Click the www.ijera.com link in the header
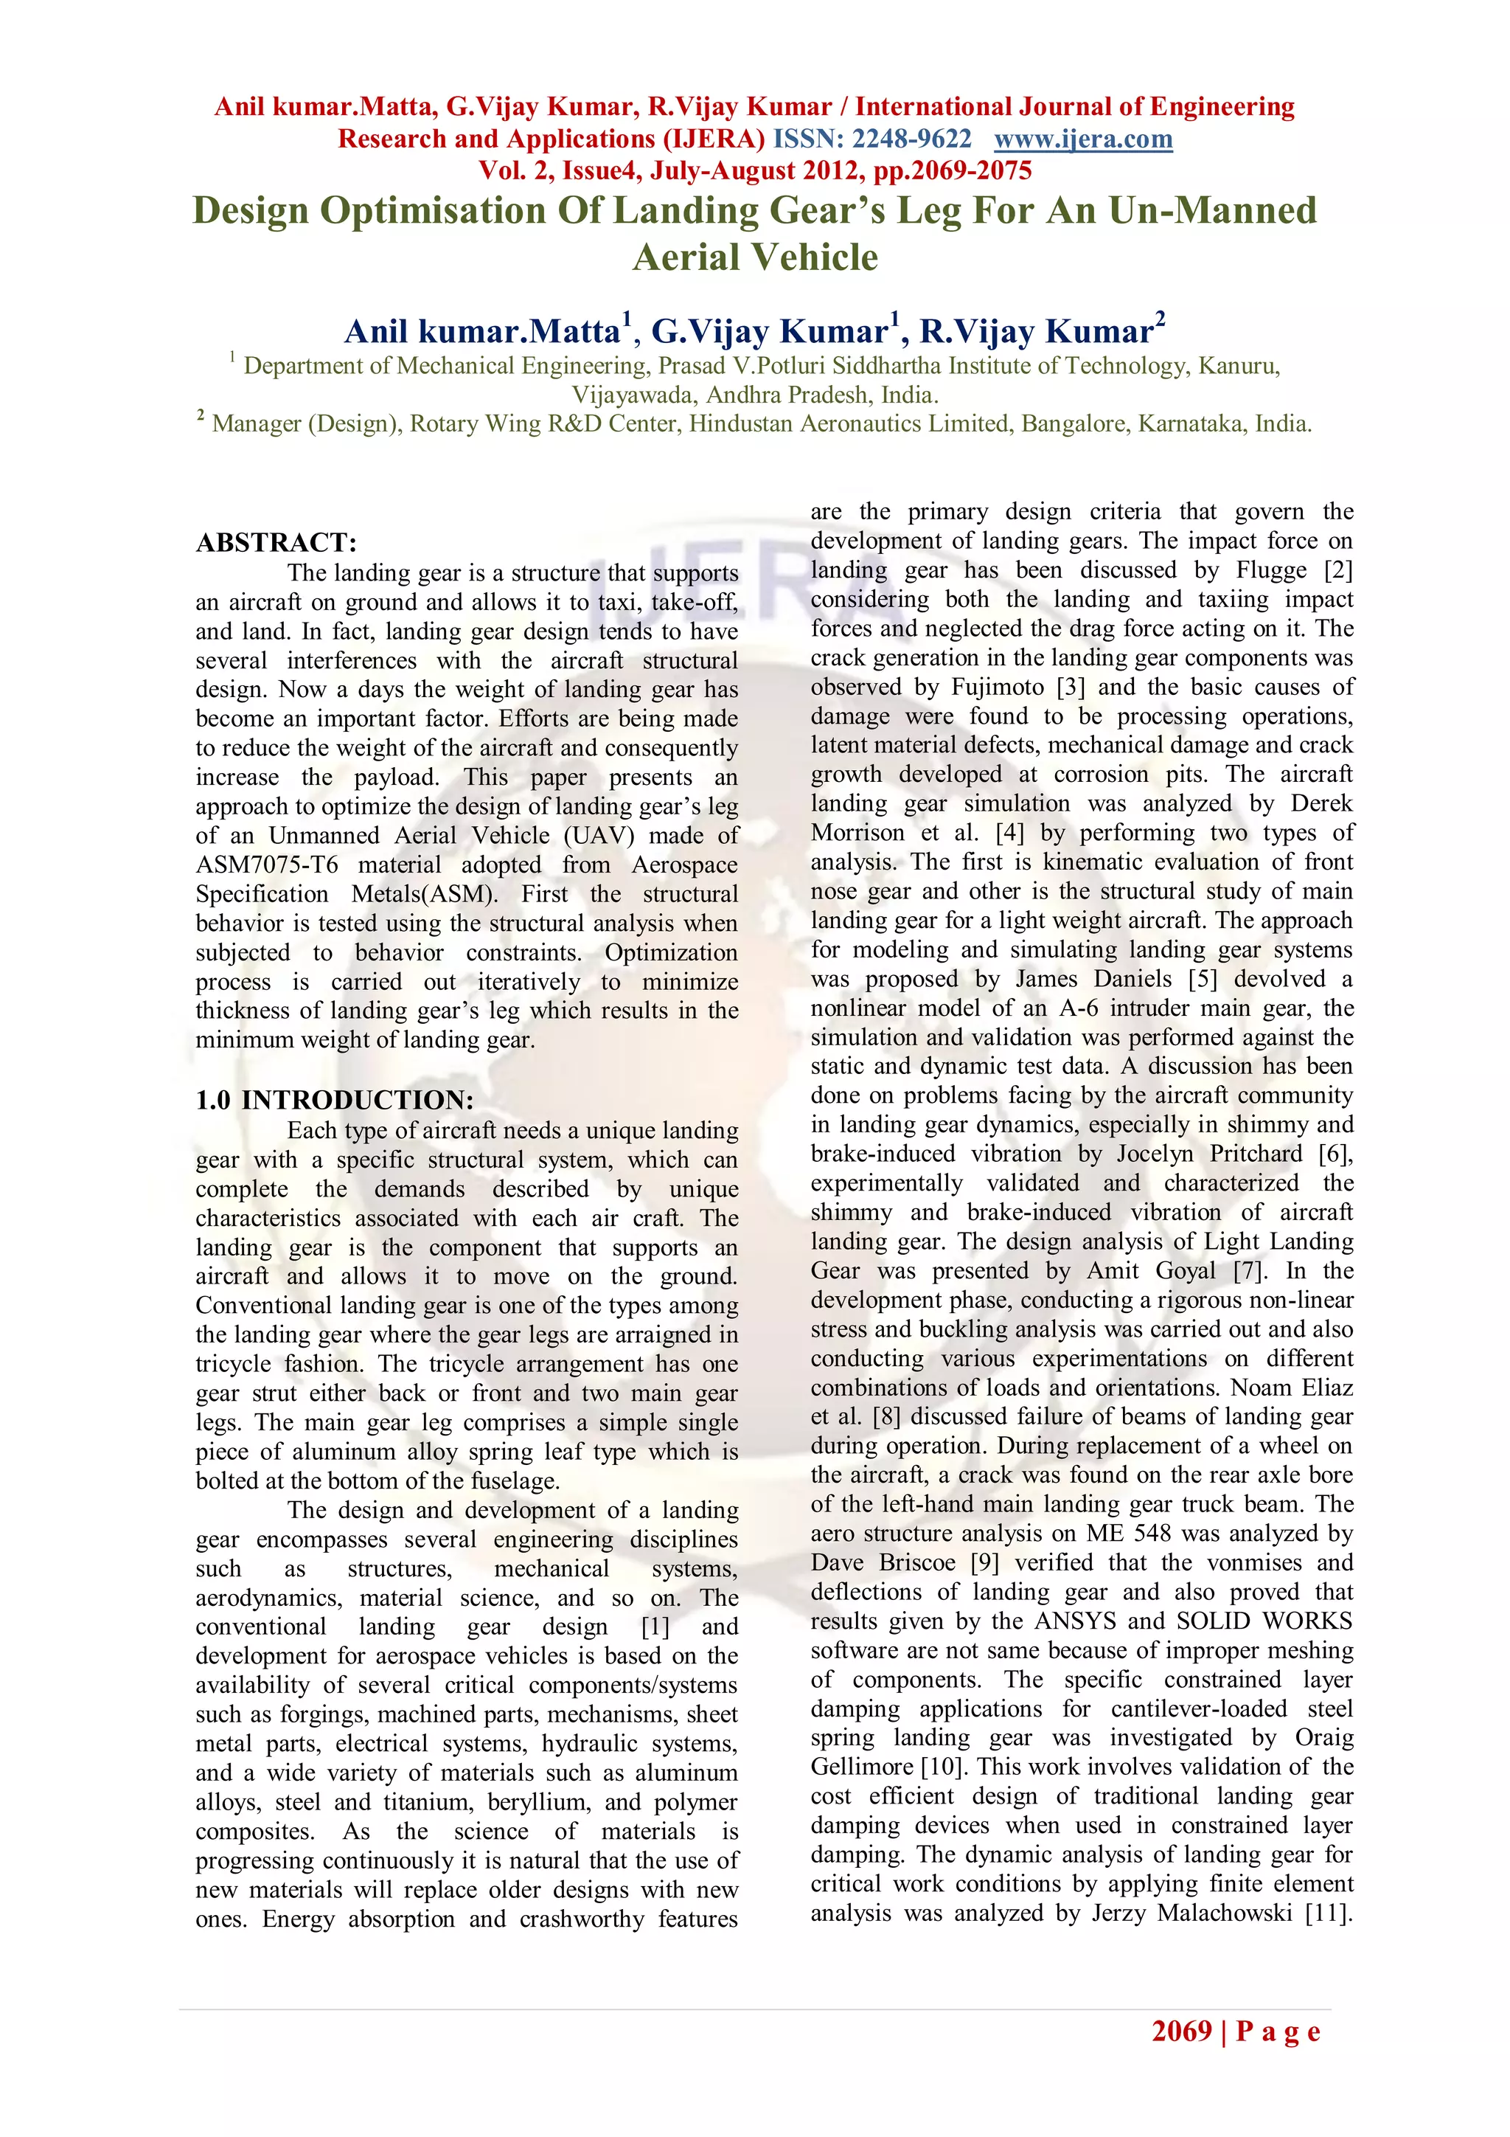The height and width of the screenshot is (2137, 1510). point(1083,139)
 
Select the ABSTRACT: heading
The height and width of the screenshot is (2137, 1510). point(276,543)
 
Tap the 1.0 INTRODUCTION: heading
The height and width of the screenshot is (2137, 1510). point(334,1100)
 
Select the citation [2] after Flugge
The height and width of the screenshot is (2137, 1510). point(1337,569)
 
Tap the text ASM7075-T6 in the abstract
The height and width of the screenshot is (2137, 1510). point(267,865)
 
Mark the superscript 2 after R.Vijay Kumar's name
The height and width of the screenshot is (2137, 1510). point(1159,317)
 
